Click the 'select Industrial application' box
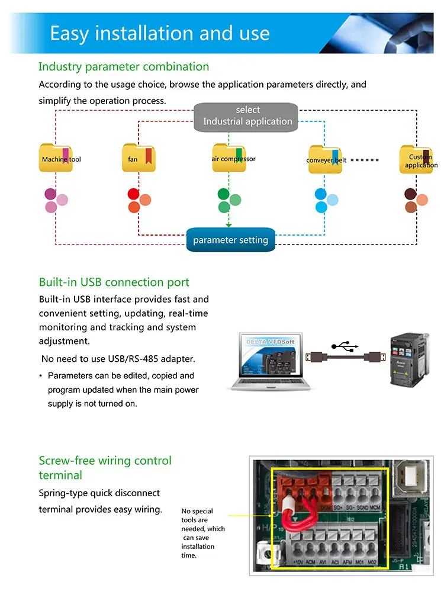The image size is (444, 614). point(246,116)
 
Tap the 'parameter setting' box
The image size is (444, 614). point(230,240)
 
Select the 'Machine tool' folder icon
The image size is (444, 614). point(56,157)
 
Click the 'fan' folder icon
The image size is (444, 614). point(139,157)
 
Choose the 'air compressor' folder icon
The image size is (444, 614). point(229,157)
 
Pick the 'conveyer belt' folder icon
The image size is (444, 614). point(325,159)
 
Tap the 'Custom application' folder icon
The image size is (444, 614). point(416,159)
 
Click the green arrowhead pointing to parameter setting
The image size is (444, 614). point(229,224)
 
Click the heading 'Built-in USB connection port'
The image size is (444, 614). point(114,282)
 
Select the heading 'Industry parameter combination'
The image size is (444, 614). point(124,66)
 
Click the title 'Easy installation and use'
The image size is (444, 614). point(160,33)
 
